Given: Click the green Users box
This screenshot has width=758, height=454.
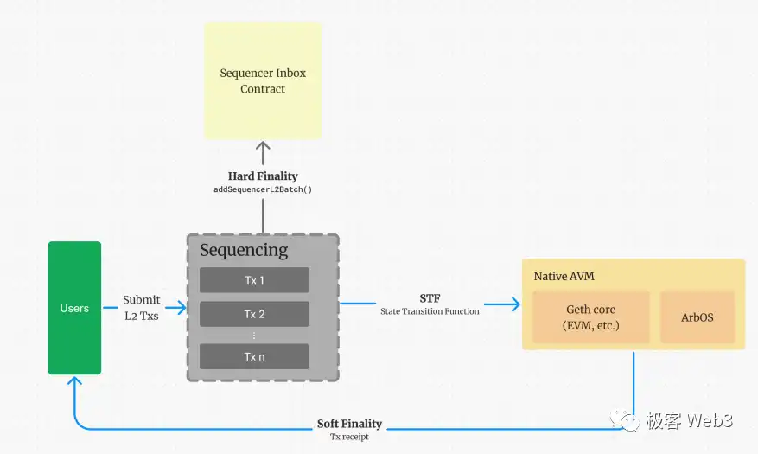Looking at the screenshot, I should click(x=74, y=308).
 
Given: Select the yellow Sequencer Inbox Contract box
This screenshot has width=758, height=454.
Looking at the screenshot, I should click(x=263, y=80).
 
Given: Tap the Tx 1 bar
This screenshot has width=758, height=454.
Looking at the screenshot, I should click(x=254, y=280).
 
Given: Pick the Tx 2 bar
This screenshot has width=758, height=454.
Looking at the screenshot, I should click(x=254, y=314).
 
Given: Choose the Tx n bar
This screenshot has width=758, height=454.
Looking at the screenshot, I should click(x=254, y=356).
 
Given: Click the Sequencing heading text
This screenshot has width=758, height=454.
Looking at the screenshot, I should click(x=244, y=251).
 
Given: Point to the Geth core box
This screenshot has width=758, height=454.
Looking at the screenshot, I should click(x=590, y=317).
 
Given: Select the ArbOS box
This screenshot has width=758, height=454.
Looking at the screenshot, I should click(x=697, y=317).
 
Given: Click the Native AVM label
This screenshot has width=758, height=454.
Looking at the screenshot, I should click(x=564, y=277).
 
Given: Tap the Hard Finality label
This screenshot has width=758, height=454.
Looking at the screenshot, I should click(x=263, y=176).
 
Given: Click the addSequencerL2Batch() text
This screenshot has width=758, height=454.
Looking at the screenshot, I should click(x=263, y=189).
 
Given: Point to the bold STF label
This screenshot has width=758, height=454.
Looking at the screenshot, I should click(x=430, y=298).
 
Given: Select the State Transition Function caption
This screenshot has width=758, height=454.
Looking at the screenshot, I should click(x=430, y=311).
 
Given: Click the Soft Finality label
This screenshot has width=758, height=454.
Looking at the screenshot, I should click(x=349, y=424).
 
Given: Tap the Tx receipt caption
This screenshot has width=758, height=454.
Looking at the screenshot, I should click(x=349, y=437).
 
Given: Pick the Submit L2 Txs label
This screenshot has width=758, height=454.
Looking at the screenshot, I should click(x=141, y=308).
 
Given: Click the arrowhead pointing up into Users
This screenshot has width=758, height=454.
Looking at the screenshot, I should click(x=74, y=383).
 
